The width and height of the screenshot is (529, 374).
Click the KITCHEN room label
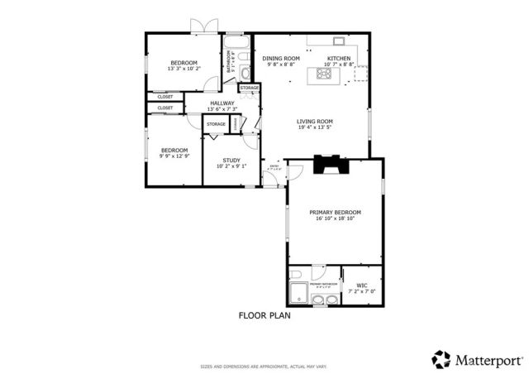point(339,59)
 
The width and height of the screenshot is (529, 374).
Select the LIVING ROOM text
point(315,122)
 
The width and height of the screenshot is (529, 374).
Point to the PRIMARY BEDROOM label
point(335,213)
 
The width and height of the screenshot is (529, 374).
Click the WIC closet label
point(361,286)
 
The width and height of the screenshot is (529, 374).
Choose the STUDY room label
point(231,161)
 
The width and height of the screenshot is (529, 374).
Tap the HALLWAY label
point(222,103)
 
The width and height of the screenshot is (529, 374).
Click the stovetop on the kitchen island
point(322,75)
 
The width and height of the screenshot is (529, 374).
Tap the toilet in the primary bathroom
point(296,276)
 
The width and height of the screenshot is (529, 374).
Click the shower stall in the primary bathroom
point(298,292)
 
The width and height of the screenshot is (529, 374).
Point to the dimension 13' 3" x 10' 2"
point(183,70)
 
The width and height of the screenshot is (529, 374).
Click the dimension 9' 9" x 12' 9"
point(174,156)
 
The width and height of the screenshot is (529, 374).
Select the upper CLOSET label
point(165,97)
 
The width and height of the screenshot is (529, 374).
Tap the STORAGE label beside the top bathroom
point(250,88)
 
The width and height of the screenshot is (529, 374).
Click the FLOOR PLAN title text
point(264,314)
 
